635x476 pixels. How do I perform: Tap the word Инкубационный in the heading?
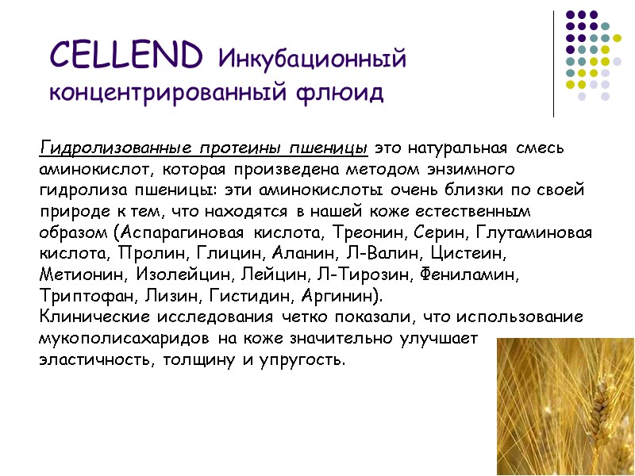pyautogui.click(x=311, y=59)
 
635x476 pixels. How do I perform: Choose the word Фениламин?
pyautogui.click(x=471, y=276)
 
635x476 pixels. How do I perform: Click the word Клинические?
pyautogui.click(x=94, y=317)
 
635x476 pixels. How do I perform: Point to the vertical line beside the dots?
pyautogui.click(x=553, y=63)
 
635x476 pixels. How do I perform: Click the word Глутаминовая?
pyautogui.click(x=533, y=233)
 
